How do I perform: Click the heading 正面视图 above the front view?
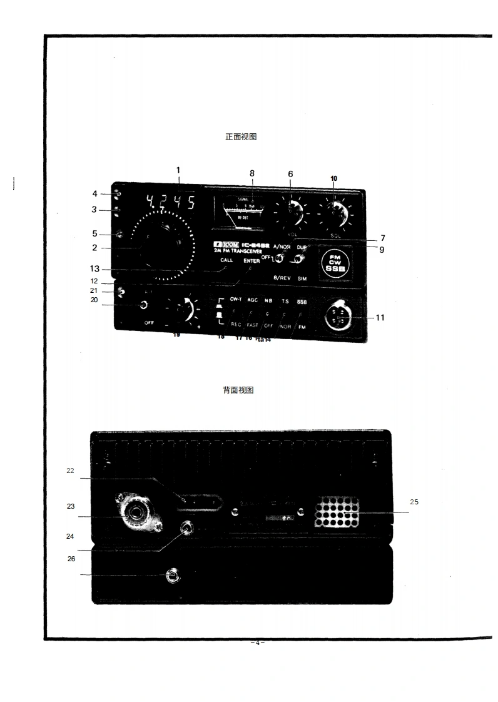(241, 137)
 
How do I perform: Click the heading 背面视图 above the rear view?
(238, 390)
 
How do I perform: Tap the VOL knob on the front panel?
(290, 213)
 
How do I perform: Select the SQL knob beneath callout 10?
(333, 213)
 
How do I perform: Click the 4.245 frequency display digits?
(170, 202)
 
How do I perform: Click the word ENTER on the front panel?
(252, 261)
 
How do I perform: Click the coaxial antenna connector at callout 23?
(133, 514)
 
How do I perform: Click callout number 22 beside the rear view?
(71, 471)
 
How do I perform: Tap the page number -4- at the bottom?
(257, 643)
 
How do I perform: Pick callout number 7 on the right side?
(382, 238)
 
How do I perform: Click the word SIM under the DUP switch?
(302, 278)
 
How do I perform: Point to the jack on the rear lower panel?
(172, 576)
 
